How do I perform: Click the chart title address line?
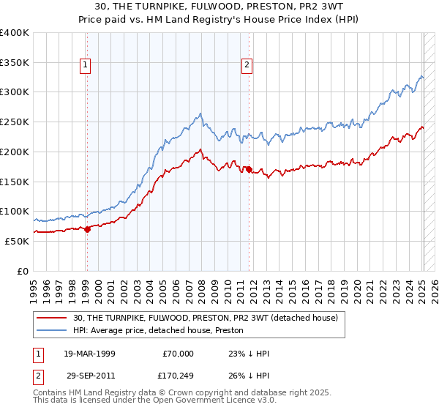click(x=219, y=7)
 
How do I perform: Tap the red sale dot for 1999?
click(x=87, y=229)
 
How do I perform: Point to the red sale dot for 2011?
click(x=249, y=169)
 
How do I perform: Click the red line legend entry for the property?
click(x=205, y=318)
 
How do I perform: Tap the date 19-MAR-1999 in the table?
click(x=89, y=354)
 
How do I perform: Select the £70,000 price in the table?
click(x=178, y=354)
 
